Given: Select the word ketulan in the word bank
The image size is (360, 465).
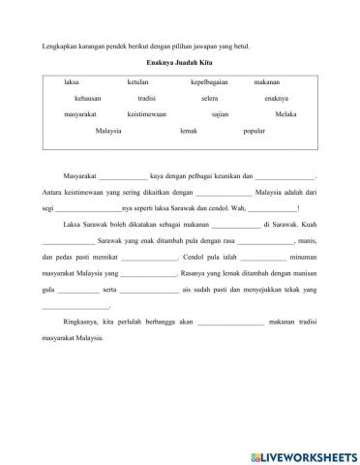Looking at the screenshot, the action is pyautogui.click(x=137, y=83).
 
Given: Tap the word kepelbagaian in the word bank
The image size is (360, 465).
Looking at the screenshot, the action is pyautogui.click(x=210, y=83).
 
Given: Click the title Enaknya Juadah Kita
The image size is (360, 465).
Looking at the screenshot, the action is pyautogui.click(x=179, y=60).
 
